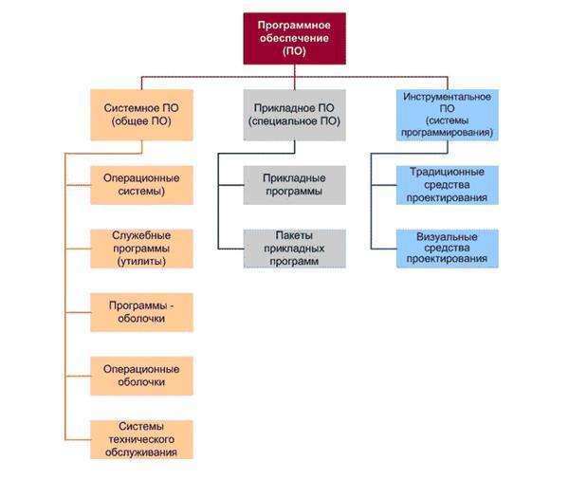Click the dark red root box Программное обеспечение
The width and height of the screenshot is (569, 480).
293,39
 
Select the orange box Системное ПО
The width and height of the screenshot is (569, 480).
141,115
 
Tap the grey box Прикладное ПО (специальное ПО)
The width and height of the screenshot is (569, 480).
293,115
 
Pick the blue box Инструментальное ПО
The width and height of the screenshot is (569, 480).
446,115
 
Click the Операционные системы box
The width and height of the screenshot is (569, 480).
141,184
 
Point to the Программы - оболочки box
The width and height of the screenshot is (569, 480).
141,311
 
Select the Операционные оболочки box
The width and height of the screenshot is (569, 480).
141,375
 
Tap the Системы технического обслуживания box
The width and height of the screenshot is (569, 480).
141,438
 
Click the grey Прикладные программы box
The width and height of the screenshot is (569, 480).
293,184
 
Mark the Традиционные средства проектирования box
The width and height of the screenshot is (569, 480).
447,185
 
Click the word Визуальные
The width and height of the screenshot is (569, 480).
447,235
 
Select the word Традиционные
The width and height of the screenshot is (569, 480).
447,172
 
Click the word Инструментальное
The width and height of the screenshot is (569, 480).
446,96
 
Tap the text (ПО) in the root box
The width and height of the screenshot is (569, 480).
293,52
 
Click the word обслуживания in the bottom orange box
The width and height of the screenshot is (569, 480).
141,452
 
